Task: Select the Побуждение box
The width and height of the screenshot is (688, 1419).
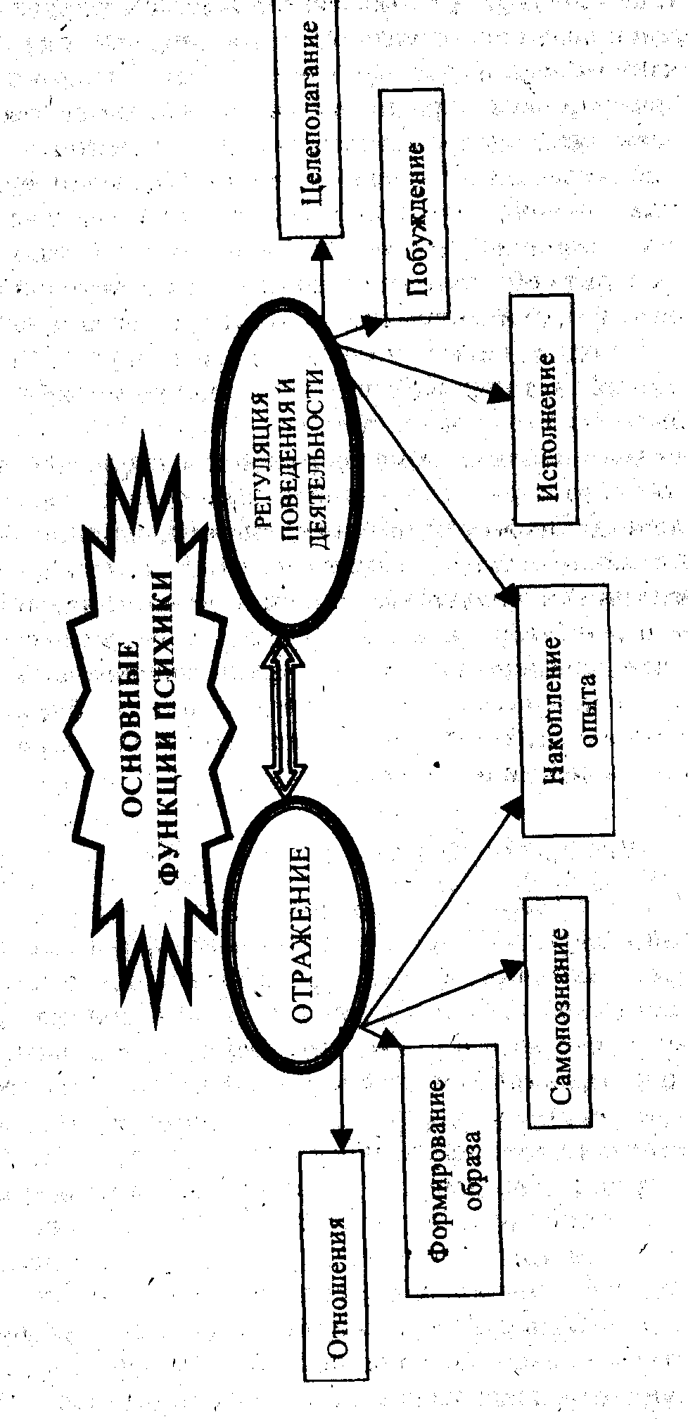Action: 415,203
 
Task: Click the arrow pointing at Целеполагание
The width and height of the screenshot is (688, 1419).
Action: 323,277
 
